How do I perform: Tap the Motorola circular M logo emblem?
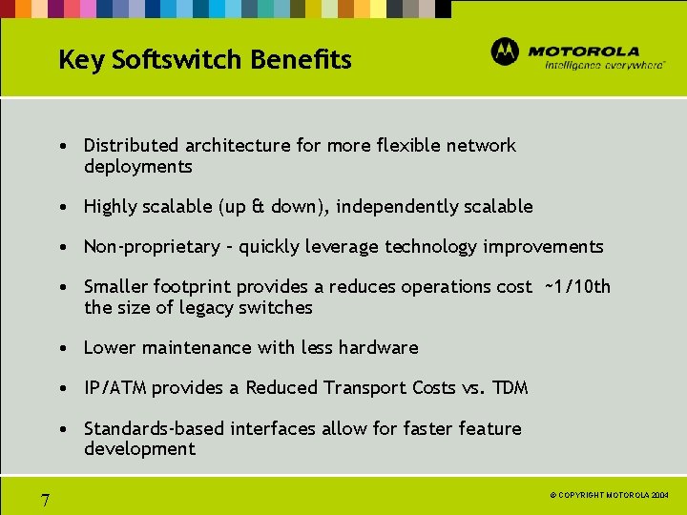coord(505,51)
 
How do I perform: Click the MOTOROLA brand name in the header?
coord(583,51)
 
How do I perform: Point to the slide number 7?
coord(45,500)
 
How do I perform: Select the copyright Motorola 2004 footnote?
coord(611,496)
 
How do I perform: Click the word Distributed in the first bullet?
coord(132,145)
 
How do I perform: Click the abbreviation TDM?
coord(509,388)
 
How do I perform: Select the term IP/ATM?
coord(115,388)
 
